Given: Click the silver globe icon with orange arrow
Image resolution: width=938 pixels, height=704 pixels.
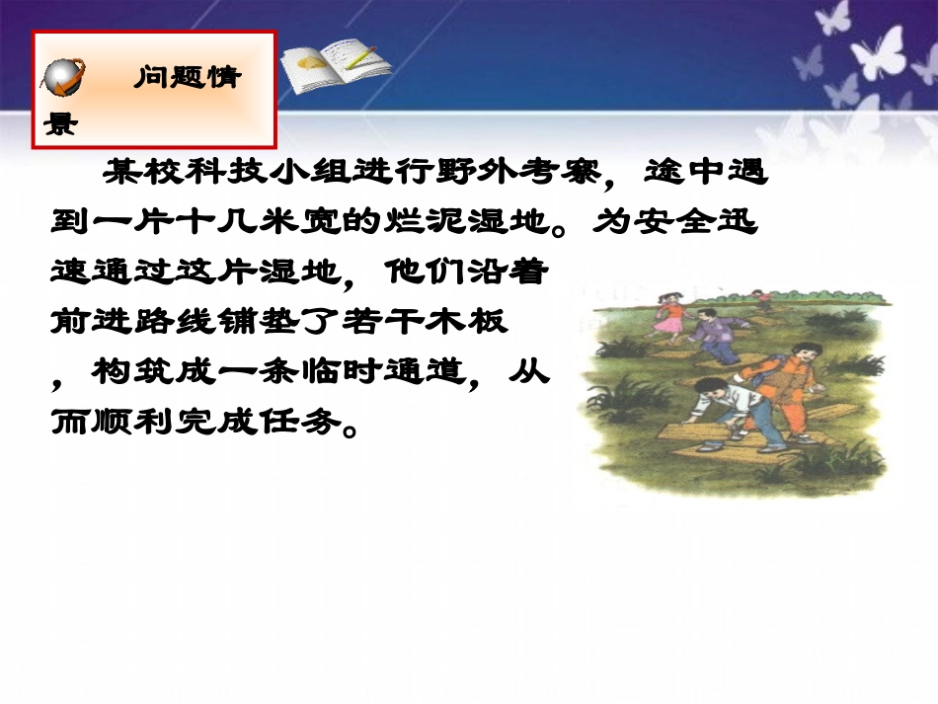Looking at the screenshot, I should (66, 77).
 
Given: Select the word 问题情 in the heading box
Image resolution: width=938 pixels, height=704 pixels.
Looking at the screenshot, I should (188, 78).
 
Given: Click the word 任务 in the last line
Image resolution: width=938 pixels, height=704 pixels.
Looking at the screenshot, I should (311, 423).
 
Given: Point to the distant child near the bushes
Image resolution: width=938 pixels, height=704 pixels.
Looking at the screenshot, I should (761, 299).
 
